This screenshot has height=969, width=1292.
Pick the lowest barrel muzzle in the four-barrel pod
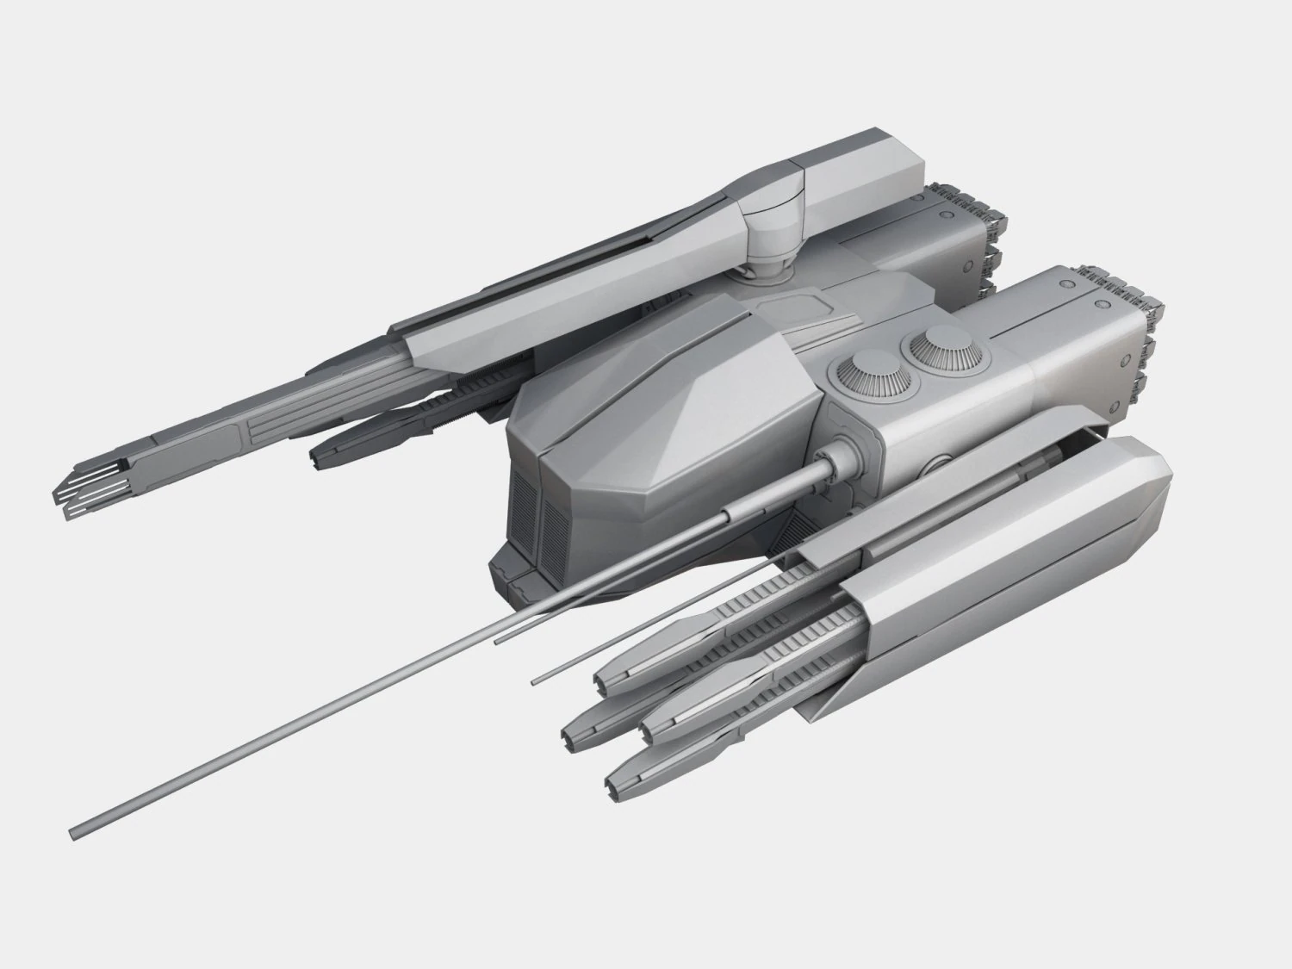pos(618,786)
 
